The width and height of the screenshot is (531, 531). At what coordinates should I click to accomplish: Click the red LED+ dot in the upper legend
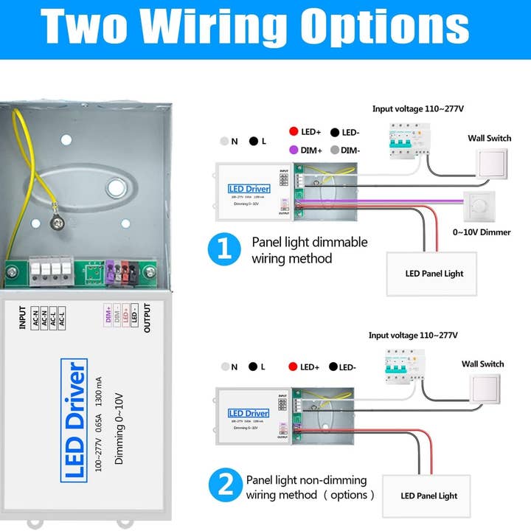pos(293,132)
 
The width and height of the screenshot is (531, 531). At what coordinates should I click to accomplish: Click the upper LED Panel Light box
pos(434,274)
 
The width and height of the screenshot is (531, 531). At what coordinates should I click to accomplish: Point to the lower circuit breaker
pos(398,364)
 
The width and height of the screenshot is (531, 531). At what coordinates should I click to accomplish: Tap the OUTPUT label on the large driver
pos(147,319)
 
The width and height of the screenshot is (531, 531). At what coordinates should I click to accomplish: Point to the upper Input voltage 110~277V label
pos(417,109)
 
